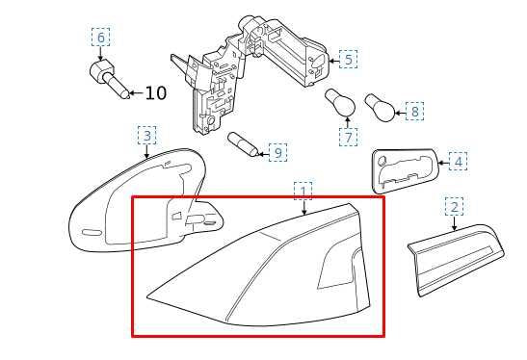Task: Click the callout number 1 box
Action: pos(303,192)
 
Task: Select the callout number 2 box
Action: pos(454,207)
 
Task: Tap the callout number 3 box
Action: pos(146,136)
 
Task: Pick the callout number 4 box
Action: pos(458,162)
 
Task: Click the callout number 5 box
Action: pos(348,59)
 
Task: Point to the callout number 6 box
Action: pos(101,37)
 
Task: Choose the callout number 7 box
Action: pos(348,137)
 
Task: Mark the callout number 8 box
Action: pos(414,111)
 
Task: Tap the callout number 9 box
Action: pos(278,152)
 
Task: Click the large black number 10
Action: pos(156,93)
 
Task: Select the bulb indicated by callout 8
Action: pos(380,108)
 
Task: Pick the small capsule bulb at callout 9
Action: pos(243,144)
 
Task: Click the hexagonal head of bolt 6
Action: pos(102,70)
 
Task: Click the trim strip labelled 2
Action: pos(456,260)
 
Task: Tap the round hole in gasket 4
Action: pos(382,161)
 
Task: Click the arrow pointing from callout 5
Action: pos(333,61)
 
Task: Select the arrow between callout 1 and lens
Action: pos(303,208)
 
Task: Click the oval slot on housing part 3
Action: pos(92,233)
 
